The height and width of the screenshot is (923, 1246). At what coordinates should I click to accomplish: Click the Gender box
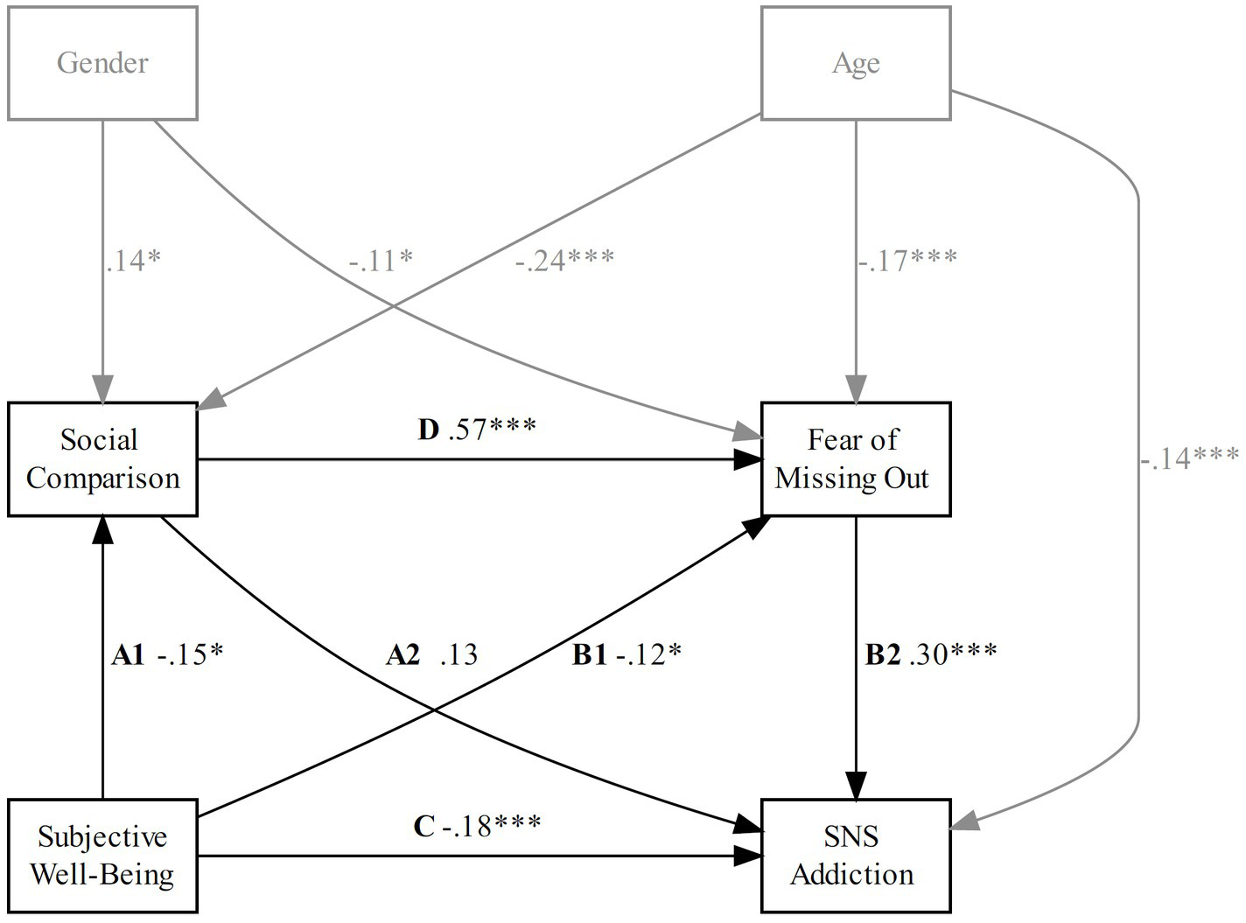pos(102,63)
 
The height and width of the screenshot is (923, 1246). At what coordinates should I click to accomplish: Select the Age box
pos(855,63)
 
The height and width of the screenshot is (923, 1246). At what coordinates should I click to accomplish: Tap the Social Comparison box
pos(102,458)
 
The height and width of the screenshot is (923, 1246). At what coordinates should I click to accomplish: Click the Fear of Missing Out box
pos(855,458)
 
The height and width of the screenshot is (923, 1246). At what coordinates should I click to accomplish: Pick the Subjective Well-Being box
pos(102,855)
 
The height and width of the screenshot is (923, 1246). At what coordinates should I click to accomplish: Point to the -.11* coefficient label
pos(380,260)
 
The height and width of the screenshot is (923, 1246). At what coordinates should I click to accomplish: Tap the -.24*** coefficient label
pos(564,260)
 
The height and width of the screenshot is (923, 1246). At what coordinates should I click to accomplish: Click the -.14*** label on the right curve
pos(1190,457)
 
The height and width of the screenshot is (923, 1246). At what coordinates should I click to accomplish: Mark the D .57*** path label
pos(477,429)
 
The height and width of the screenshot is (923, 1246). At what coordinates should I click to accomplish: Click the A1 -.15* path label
pos(168,654)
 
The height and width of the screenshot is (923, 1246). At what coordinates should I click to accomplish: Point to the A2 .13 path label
pos(432,654)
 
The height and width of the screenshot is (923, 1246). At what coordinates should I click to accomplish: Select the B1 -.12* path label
pos(626,654)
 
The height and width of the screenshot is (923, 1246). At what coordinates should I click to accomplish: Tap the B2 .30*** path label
pos(931,654)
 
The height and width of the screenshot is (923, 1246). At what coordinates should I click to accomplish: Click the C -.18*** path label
pos(477,825)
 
